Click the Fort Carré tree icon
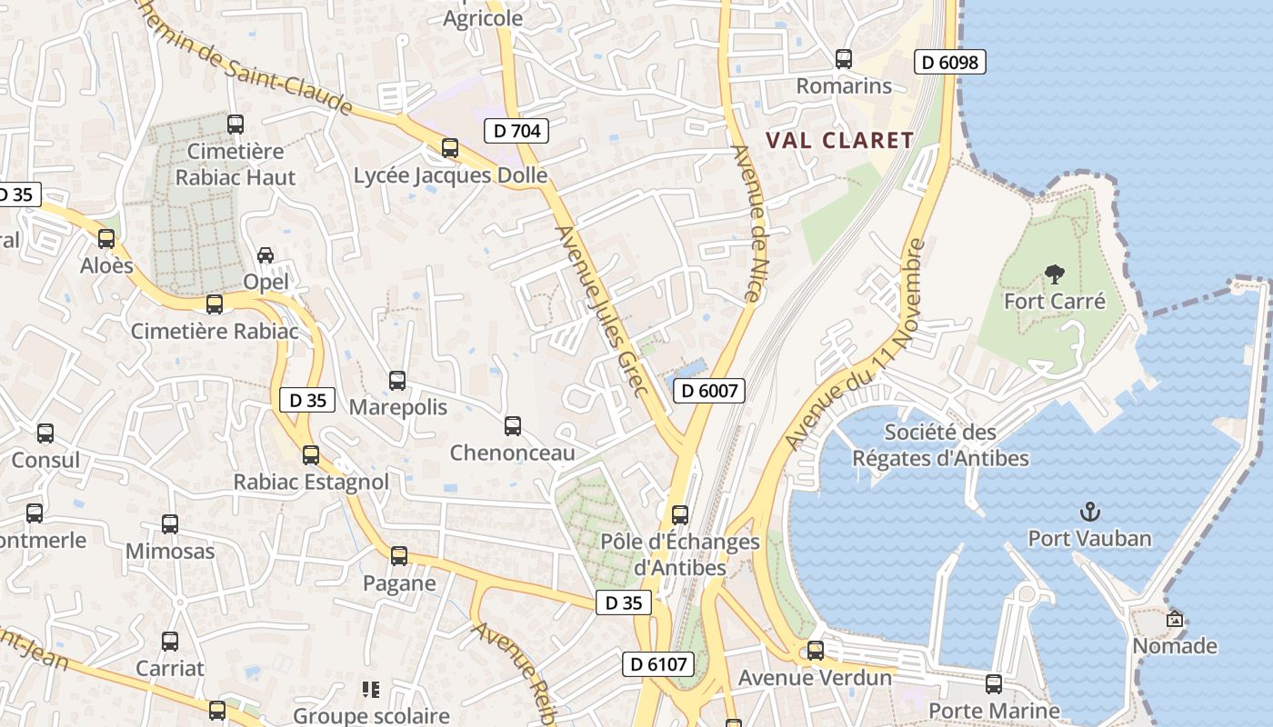[x=1055, y=273]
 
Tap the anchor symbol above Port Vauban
[x=1089, y=512]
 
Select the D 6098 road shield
[x=949, y=62]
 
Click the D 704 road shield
[x=516, y=131]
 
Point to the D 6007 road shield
[x=709, y=391]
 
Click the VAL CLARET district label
[x=839, y=140]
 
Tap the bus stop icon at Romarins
[x=844, y=59]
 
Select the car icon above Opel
[x=266, y=255]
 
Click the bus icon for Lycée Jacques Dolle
[x=450, y=148]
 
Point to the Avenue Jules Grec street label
[x=603, y=311]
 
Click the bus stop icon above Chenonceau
[x=513, y=425]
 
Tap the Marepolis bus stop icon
[x=397, y=381]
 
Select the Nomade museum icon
[x=1175, y=619]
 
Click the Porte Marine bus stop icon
[x=994, y=683]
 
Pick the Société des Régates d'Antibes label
[x=940, y=445]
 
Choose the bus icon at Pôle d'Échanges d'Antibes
[x=679, y=515]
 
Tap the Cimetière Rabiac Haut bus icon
[x=236, y=124]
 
